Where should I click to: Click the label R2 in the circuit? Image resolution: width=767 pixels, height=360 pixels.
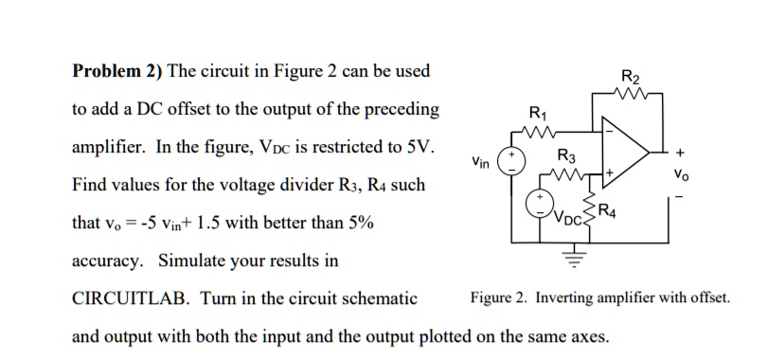630,79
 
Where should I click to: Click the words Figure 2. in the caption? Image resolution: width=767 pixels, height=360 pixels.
499,298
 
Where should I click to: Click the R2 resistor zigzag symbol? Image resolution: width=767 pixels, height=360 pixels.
630,96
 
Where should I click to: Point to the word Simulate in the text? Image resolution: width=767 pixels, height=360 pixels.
190,261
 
